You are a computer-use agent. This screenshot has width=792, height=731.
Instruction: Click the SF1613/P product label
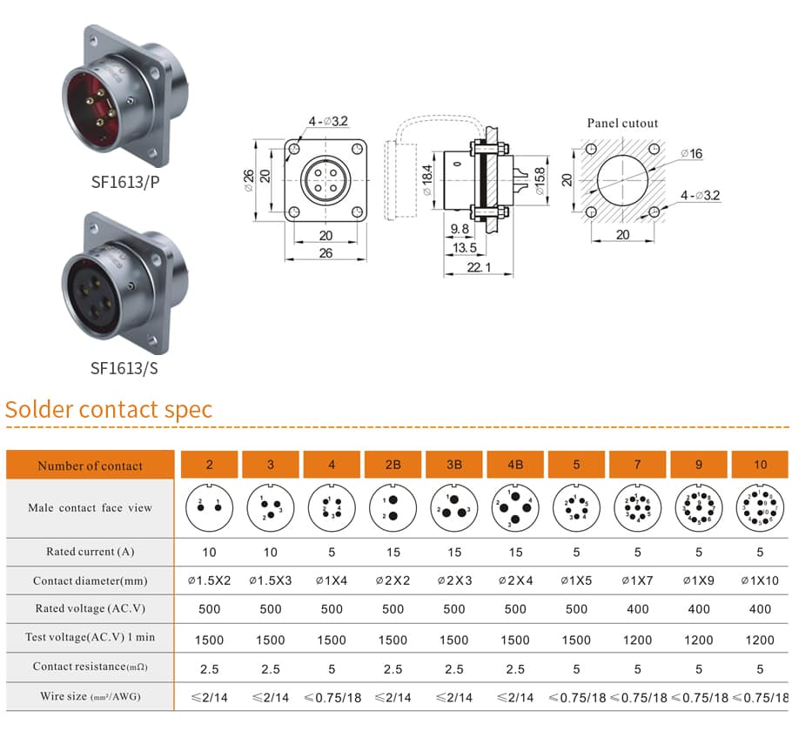pos(125,183)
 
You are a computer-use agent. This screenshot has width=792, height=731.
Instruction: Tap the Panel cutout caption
pos(622,124)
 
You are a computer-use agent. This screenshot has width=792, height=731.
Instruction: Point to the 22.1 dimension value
pos(476,268)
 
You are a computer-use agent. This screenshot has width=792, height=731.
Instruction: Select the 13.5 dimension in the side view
pos(466,248)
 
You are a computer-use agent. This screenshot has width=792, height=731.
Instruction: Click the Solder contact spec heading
pos(109,410)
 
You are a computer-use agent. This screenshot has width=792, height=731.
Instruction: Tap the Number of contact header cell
pos(90,466)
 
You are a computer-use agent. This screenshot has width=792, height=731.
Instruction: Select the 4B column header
pos(515,465)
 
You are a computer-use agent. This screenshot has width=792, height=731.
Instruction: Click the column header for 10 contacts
pos(760,465)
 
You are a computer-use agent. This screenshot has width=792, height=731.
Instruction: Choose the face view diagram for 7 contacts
pos(637,507)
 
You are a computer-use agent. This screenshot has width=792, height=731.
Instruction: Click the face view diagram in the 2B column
pos(393,507)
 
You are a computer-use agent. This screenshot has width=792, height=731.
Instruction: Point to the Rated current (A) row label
pos(90,552)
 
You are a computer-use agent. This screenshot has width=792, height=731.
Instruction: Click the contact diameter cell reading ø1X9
pos(699,580)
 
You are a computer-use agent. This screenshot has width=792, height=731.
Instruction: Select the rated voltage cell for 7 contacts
pos(637,609)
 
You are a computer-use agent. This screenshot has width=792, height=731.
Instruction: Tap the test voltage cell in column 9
pos(699,640)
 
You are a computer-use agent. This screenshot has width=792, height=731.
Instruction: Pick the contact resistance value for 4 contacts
pos(332,669)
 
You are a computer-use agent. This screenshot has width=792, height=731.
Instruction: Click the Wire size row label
pos(90,696)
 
